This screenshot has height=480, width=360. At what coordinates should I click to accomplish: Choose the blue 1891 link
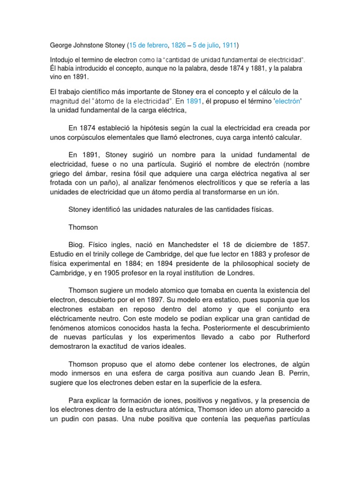194,101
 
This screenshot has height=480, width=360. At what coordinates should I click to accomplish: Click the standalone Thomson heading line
83,227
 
